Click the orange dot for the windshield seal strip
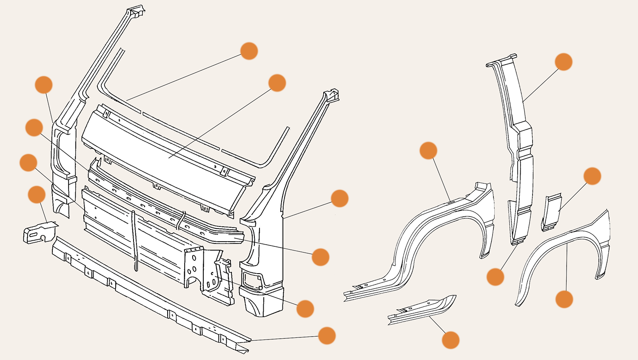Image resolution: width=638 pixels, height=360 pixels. coord(249,51)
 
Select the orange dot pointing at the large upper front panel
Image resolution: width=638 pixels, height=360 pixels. coord(277,83)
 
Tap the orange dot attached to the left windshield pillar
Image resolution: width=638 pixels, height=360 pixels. coord(43,85)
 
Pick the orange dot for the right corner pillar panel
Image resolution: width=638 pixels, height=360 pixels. coord(339,198)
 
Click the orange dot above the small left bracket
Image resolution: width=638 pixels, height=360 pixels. coord(37,194)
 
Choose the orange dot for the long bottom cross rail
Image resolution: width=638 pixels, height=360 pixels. coord(327,336)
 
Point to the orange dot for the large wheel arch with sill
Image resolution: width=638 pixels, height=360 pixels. coord(428,151)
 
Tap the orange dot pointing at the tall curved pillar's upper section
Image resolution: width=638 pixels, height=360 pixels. coord(564,62)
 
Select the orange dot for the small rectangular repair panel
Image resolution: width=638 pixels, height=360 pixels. coord(592,176)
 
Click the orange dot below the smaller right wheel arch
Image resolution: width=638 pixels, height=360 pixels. coord(564,299)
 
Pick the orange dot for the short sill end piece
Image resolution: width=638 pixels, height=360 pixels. coord(450,340)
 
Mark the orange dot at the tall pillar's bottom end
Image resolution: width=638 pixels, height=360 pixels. coord(495,277)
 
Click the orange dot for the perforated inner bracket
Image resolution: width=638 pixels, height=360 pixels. coord(305,309)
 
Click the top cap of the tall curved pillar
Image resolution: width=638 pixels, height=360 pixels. coord(502,60)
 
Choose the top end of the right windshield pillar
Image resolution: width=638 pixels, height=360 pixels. coord(331,94)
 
